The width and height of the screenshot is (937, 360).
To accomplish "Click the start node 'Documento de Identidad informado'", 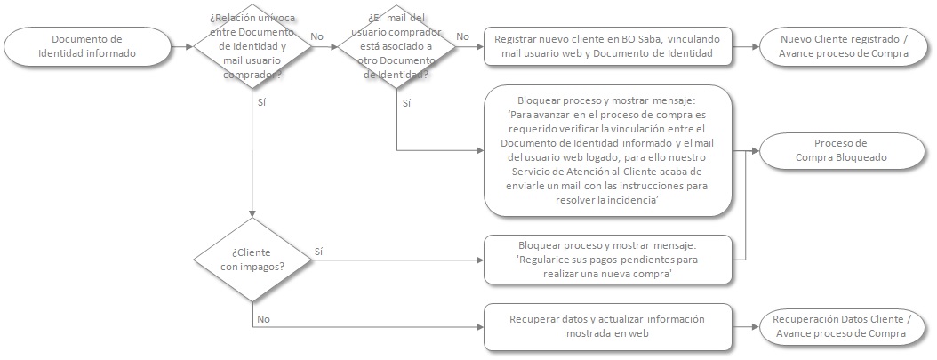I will tap(86, 45).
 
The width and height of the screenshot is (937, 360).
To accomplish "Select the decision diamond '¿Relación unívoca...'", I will tap(252, 46).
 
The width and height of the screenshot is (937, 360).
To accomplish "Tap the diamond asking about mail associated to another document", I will tap(396, 46).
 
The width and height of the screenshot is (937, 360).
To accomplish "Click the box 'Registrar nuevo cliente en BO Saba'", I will tap(608, 45).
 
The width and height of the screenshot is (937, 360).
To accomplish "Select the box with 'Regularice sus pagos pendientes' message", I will tap(608, 260).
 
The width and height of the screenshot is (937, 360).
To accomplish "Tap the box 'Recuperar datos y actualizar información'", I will tap(608, 326).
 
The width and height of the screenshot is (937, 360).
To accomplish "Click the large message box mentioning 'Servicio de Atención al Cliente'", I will tap(608, 150).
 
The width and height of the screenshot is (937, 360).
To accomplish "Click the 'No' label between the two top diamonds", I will tap(317, 36).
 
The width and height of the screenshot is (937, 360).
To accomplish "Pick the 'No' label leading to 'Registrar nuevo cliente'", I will tap(462, 36).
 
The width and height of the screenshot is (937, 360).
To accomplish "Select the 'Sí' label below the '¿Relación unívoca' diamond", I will tap(261, 103).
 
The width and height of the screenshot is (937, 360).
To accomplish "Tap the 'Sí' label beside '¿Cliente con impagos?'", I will tap(318, 252).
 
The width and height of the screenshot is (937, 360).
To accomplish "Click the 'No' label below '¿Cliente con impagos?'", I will tap(263, 317).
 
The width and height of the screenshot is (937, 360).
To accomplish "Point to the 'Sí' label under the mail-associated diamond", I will tap(406, 103).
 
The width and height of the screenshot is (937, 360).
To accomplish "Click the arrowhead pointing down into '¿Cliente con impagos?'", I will tap(252, 213).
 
